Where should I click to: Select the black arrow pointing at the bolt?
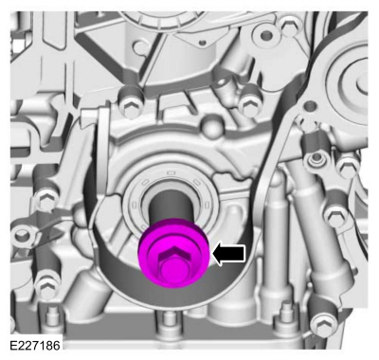click(x=229, y=253)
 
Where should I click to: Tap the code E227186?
click(x=35, y=345)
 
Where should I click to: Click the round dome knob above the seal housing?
click(x=210, y=125)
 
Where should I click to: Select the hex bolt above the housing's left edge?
click(x=129, y=102)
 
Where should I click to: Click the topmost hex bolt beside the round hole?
click(x=288, y=25)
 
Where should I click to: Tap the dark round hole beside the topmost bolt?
click(x=266, y=35)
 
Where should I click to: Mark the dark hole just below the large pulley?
click(x=311, y=105)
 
